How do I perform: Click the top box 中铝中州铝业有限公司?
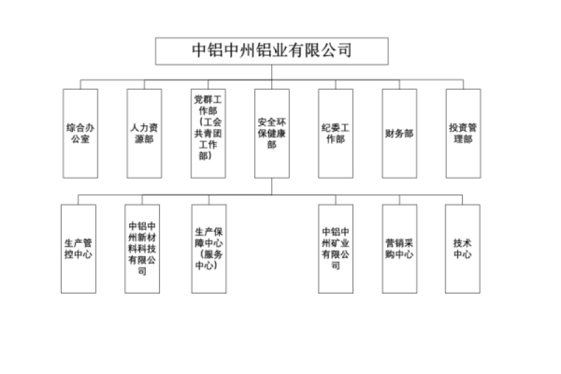(272, 51)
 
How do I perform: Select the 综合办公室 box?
(80, 133)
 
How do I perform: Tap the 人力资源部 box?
(144, 133)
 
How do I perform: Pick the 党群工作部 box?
(208, 133)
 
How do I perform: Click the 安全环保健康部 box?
(272, 133)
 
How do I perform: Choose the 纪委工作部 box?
(335, 133)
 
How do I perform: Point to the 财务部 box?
(400, 133)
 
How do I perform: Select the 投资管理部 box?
(463, 133)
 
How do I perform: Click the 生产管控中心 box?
(79, 249)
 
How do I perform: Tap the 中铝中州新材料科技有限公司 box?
(142, 249)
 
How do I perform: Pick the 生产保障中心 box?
(209, 249)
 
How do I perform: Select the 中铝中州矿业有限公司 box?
(335, 249)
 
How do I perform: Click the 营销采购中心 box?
(400, 249)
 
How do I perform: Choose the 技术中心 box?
(463, 249)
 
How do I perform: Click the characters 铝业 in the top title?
(272, 50)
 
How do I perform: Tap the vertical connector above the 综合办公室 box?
(80, 85)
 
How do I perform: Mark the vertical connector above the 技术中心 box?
(463, 199)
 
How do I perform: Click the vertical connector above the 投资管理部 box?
(463, 85)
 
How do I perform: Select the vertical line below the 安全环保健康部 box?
(272, 186)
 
